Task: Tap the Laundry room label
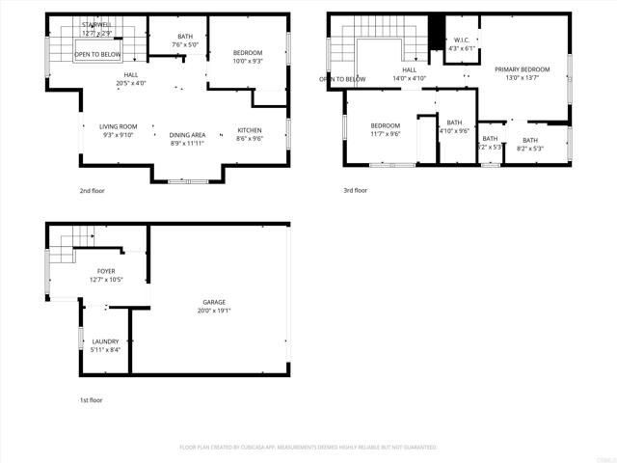[x=106, y=341]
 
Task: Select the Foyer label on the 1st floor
[x=106, y=272]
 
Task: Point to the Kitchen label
[x=249, y=130]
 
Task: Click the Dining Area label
[x=187, y=135]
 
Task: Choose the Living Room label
[x=119, y=126]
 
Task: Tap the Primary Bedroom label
[x=522, y=69]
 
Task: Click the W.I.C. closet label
[x=461, y=40]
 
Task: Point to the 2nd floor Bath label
[x=185, y=37]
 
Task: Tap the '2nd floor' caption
[x=92, y=191]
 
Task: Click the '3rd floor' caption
[x=356, y=191]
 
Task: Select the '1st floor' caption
[x=91, y=399]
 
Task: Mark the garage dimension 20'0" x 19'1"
[x=214, y=311]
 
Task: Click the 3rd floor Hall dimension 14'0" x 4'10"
[x=409, y=78]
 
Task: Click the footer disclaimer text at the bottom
[x=308, y=448]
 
